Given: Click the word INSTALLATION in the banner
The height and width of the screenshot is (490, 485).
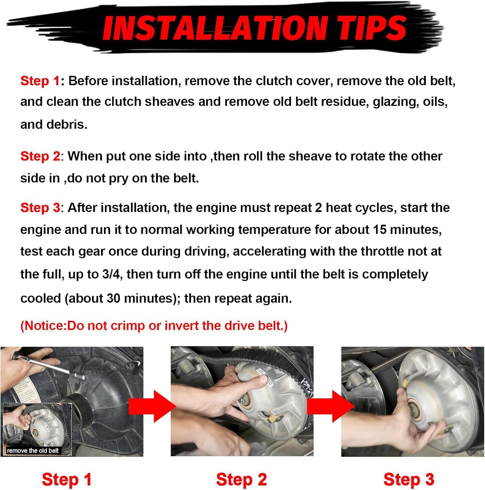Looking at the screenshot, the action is [215, 28].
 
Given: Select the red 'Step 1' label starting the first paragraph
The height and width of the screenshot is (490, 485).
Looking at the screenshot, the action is [40, 81].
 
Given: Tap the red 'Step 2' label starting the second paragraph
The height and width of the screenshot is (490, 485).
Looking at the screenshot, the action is [40, 156].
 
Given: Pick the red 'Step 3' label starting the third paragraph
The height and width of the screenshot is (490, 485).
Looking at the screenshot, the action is [40, 208].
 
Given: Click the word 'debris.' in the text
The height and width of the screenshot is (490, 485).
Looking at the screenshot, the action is [54, 124].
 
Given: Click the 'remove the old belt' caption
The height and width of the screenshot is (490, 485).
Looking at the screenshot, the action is [33, 451].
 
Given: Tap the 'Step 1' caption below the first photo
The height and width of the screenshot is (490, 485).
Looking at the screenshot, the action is [67, 480].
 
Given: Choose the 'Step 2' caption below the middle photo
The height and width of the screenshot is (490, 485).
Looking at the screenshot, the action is [242, 480].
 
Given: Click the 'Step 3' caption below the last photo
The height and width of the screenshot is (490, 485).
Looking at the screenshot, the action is [409, 480].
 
